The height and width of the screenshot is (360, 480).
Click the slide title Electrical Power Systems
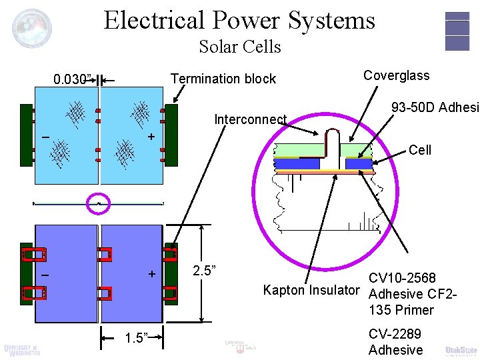239,20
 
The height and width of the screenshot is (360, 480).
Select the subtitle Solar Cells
239,47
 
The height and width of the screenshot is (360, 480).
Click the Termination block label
223,79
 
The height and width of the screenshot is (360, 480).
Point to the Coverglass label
396,75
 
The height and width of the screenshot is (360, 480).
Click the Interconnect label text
250,120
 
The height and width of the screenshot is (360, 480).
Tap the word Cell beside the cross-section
420,150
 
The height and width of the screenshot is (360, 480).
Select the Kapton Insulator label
311,290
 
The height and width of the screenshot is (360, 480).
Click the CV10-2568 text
402,277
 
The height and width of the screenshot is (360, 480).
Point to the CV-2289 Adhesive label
395,342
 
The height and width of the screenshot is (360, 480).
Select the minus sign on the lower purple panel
45,275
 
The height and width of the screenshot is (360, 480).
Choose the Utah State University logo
461,350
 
